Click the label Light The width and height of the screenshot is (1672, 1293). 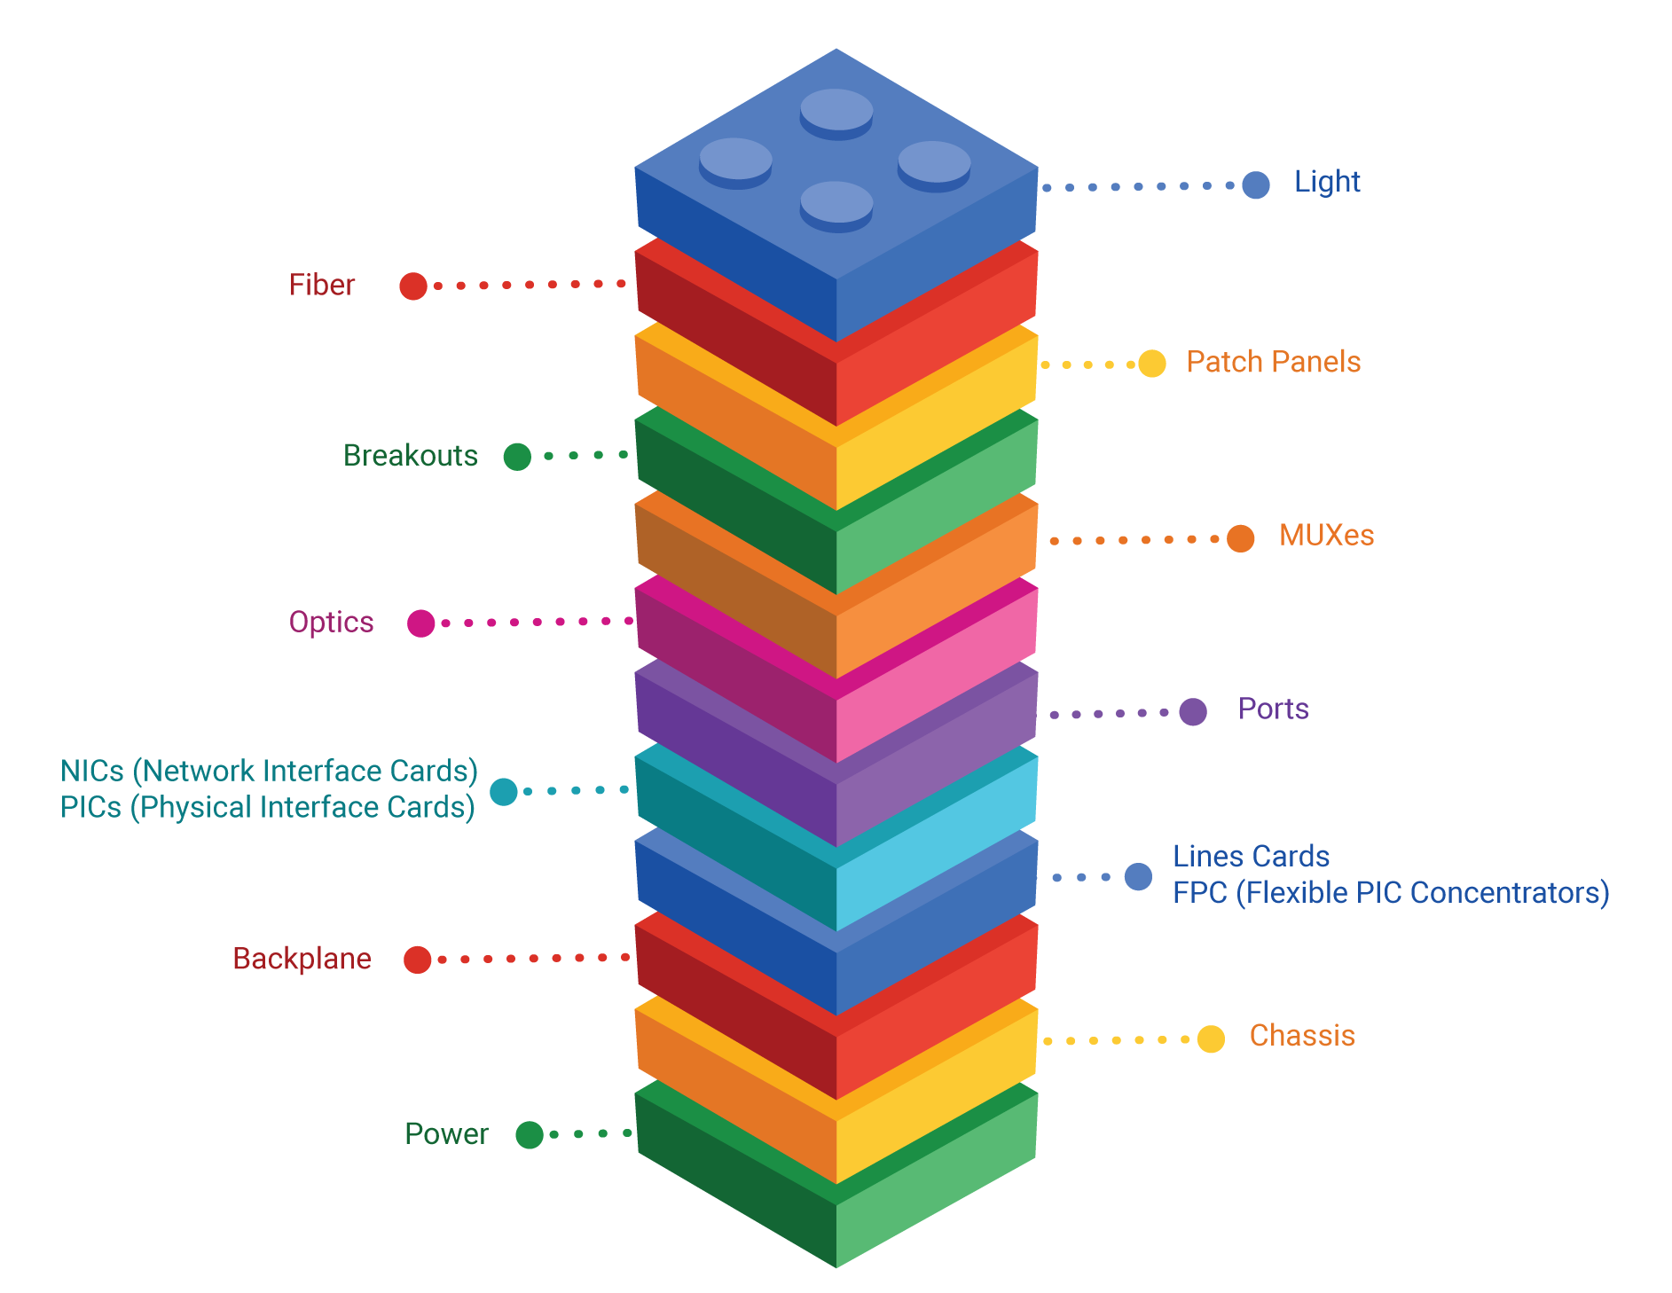tap(1326, 182)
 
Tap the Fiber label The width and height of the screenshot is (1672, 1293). tap(321, 286)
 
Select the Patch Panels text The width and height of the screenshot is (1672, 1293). tap(1273, 362)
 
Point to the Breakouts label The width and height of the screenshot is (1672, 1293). tap(410, 456)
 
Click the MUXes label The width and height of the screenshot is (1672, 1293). tap(1326, 536)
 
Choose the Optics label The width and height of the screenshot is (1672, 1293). tap(331, 623)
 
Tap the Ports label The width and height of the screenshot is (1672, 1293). tap(1273, 709)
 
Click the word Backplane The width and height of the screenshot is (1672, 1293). tap(302, 959)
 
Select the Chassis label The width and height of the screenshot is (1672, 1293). tap(1301, 1036)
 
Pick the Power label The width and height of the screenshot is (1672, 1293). tap(446, 1134)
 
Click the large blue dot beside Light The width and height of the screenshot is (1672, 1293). tap(1255, 184)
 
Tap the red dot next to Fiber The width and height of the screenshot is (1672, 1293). tap(413, 286)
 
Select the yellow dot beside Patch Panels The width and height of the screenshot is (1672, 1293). tap(1151, 364)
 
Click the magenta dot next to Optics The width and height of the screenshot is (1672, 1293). tap(420, 623)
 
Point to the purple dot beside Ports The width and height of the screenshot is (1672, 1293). tap(1193, 711)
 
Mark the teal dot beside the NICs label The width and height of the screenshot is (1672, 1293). tap(503, 791)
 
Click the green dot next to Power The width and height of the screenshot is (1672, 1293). tap(529, 1135)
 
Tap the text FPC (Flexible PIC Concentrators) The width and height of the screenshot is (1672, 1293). tap(1390, 893)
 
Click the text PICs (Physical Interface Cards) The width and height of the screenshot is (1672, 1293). tap(267, 808)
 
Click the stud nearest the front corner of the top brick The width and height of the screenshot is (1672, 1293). tap(836, 204)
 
